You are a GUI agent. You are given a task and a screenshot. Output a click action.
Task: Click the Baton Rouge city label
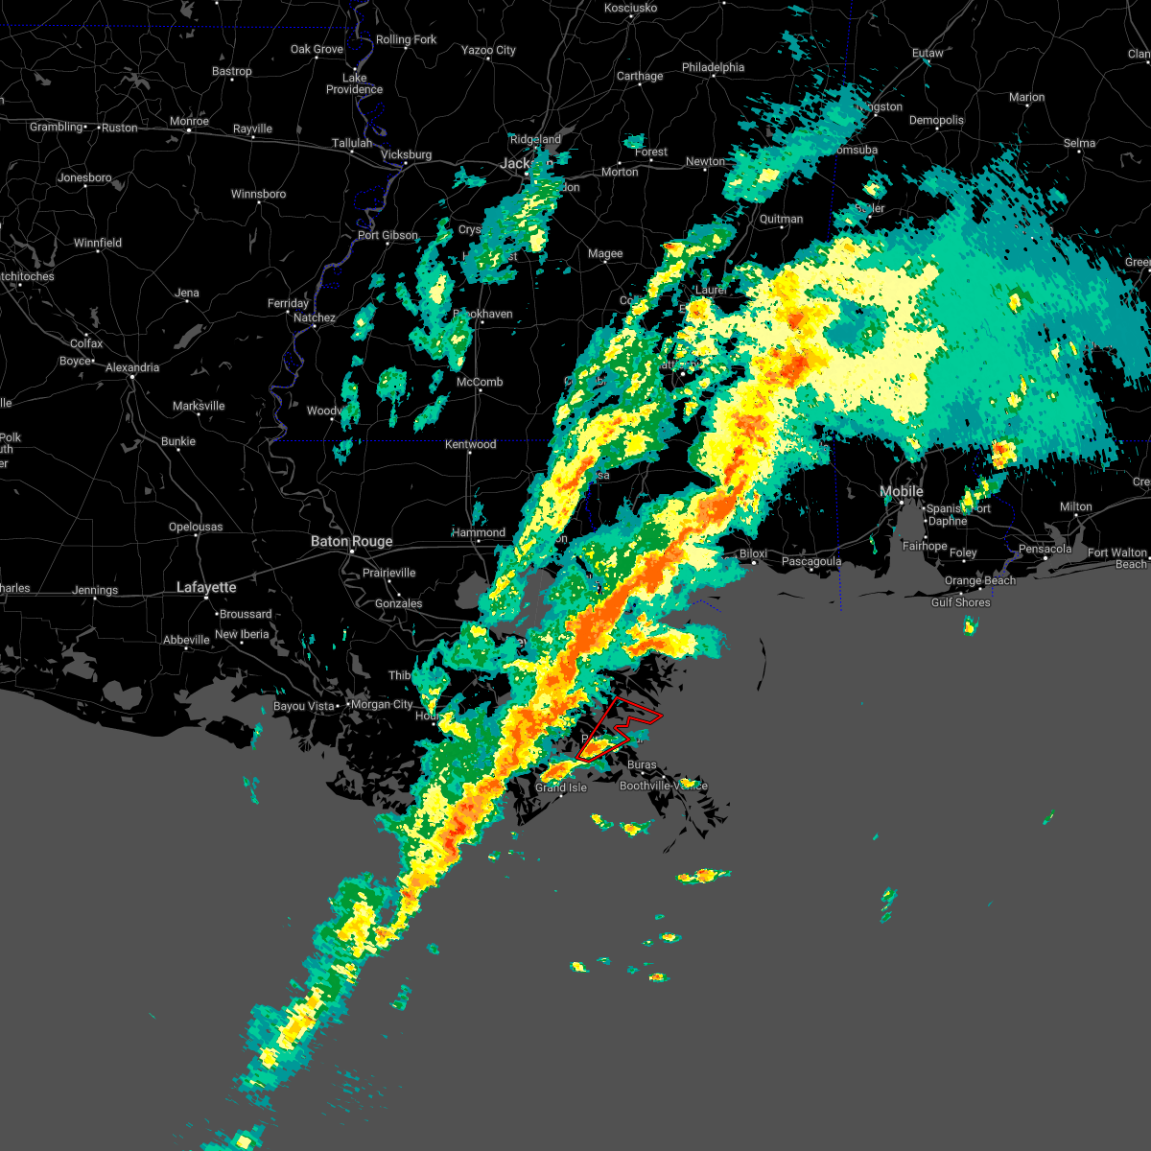pos(351,542)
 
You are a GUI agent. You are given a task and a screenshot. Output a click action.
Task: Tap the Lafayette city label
pos(206,587)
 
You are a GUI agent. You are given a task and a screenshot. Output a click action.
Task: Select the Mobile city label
pos(902,492)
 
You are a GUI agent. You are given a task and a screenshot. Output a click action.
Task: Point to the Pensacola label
pos(1045,550)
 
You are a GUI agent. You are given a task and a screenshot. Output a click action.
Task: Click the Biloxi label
pos(753,554)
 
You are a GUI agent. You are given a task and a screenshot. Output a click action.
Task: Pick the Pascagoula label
pos(811,562)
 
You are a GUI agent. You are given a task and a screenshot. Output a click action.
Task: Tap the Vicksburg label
pos(406,154)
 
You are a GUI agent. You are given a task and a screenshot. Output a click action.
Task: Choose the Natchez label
pos(315,317)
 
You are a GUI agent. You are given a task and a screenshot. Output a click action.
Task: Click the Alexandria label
pos(132,367)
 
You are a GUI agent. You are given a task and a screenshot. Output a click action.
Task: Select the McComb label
pos(480,382)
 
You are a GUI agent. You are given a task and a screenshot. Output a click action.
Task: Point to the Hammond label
pos(479,532)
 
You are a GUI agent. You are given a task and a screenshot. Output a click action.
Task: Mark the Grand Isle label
pos(561,787)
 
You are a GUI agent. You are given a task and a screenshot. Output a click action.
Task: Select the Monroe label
pos(189,122)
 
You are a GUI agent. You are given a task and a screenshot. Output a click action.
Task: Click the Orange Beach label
pos(979,581)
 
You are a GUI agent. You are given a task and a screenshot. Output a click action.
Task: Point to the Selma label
pos(1079,143)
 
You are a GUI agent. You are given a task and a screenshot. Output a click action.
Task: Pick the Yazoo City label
pos(488,50)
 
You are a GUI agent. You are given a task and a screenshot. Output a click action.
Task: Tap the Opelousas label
pos(196,527)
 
